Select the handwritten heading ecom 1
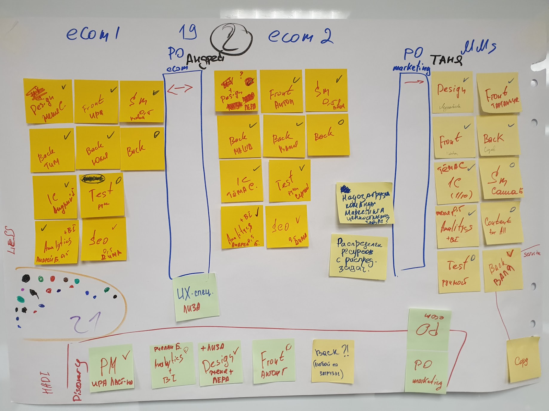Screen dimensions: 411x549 point(93,34)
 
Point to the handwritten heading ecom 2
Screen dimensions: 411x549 point(300,36)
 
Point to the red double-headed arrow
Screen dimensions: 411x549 point(180,89)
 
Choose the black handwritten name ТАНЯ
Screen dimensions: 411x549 point(446,60)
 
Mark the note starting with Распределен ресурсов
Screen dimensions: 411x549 point(358,256)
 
